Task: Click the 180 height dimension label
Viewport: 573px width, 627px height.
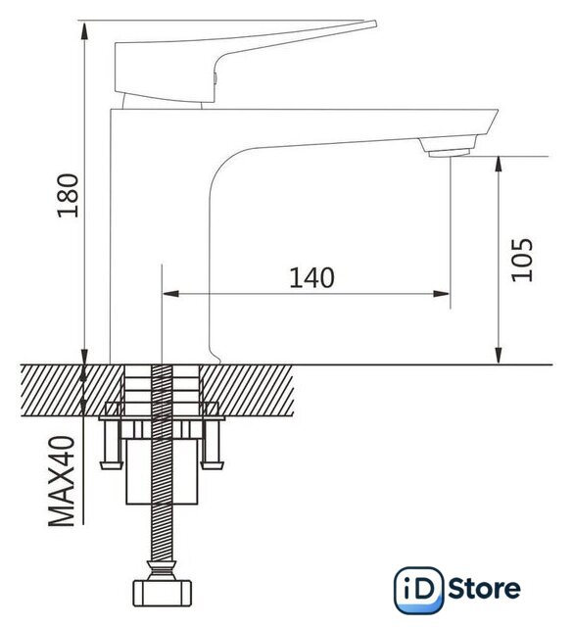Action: [x=69, y=195]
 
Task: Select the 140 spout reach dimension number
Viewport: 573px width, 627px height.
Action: [x=311, y=277]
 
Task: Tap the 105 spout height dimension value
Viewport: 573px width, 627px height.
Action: [x=522, y=260]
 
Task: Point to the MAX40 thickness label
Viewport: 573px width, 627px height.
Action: [x=62, y=481]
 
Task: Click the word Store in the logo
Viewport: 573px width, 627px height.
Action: [x=484, y=589]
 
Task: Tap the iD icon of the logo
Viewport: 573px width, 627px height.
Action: [x=418, y=590]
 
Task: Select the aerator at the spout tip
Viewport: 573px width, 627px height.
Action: [x=449, y=147]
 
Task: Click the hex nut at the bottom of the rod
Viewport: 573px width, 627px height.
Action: [x=162, y=593]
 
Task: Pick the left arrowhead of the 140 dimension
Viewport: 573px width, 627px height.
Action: [x=170, y=294]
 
